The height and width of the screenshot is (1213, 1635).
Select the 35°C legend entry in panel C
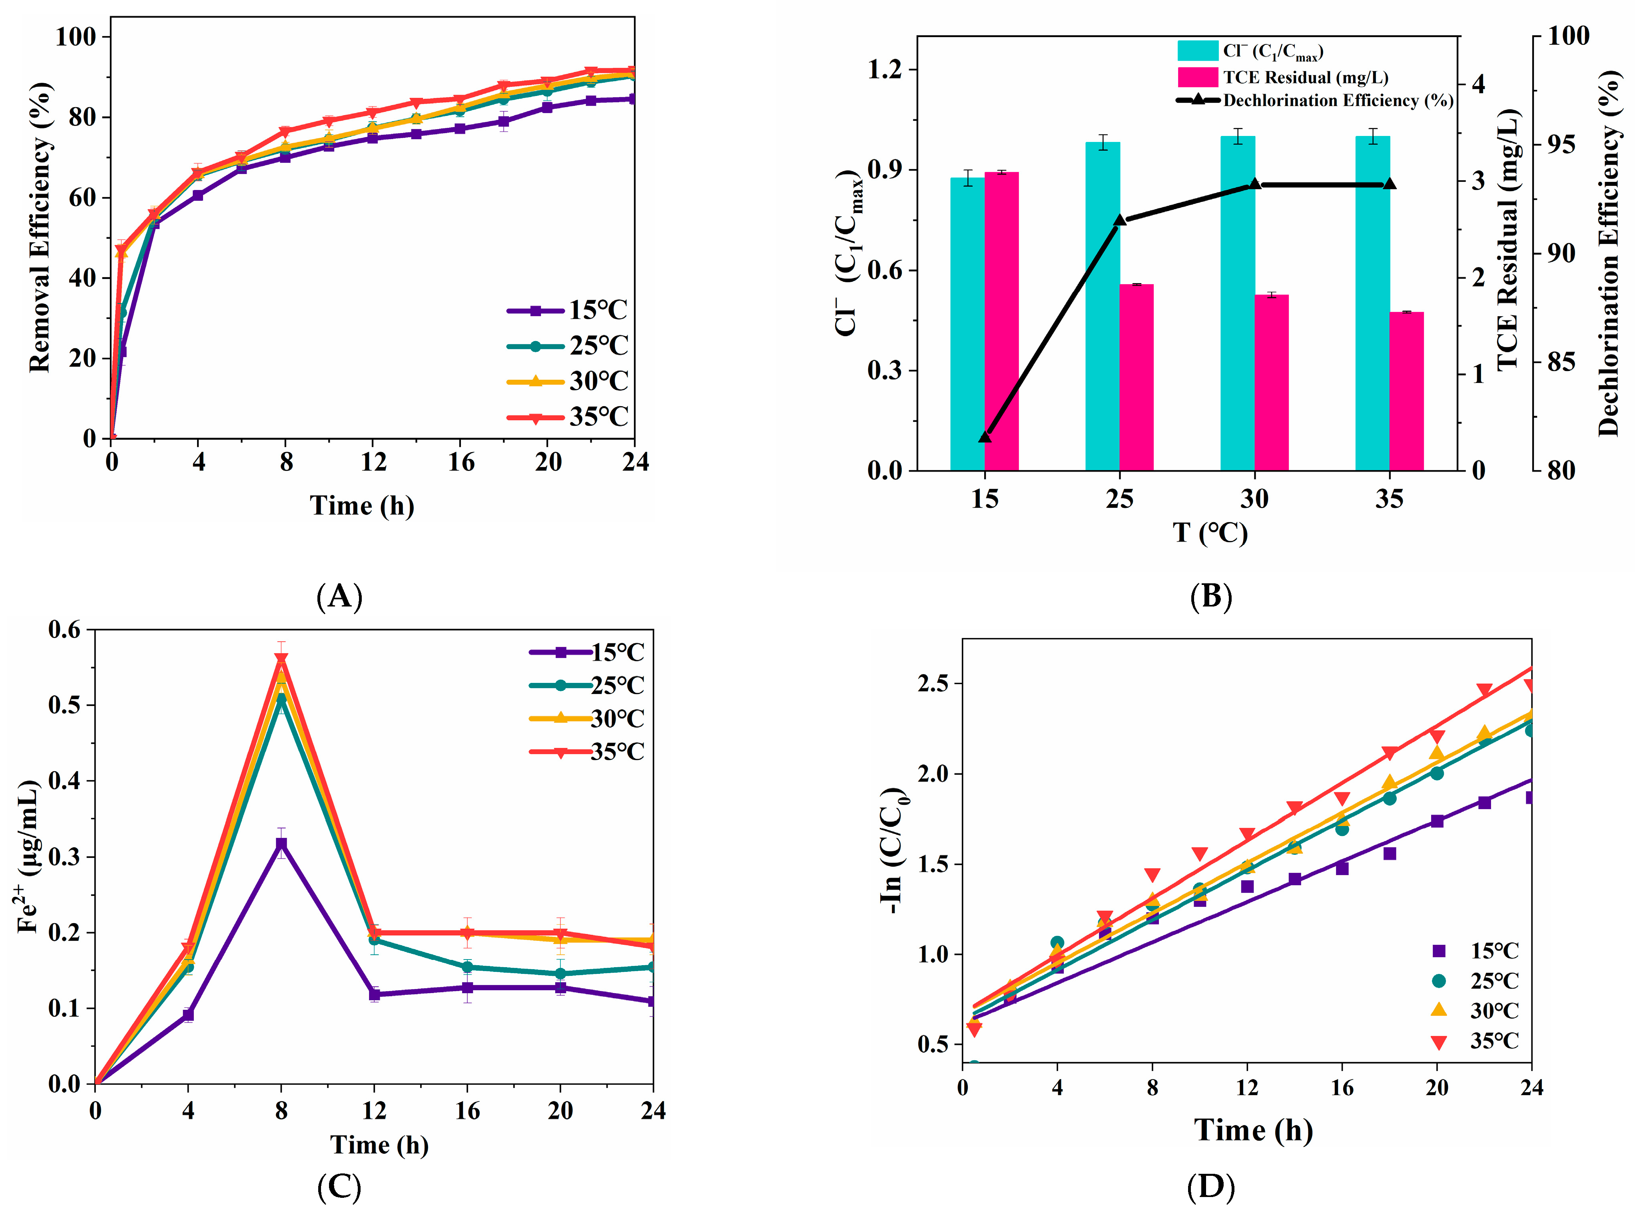pos(587,751)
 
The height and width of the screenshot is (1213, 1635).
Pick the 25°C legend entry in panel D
pos(1475,981)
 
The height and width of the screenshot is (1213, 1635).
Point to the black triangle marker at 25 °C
pos(1120,219)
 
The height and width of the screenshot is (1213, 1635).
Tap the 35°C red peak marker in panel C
pos(281,658)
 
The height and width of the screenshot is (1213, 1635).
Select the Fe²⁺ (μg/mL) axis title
pos(28,856)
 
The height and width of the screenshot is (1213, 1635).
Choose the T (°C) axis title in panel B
pos(1209,532)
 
